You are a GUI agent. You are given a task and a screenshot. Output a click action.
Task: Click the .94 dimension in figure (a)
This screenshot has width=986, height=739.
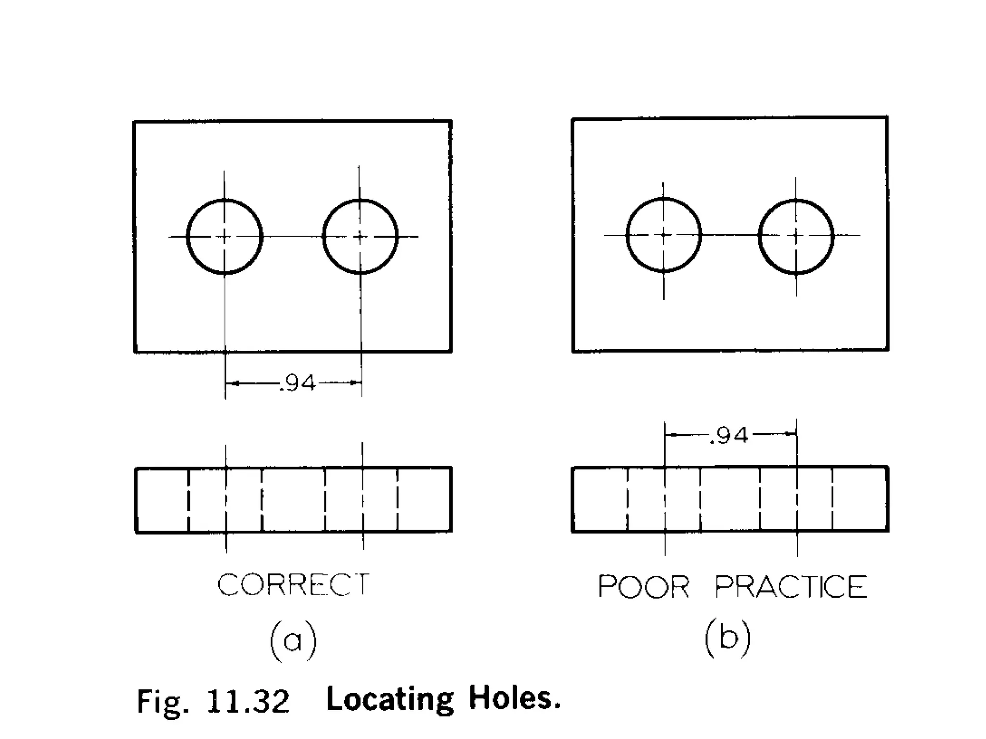click(x=298, y=383)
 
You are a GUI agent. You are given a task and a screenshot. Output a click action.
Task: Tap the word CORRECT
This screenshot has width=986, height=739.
click(x=293, y=585)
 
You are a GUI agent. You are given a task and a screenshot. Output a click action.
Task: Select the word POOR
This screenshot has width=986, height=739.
click(x=643, y=586)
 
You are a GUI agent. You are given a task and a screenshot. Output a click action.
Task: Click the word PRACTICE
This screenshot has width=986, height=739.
click(x=791, y=586)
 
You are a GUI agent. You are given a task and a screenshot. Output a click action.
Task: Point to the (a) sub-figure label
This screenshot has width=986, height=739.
click(x=293, y=640)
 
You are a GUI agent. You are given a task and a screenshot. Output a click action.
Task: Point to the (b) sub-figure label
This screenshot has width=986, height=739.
click(x=727, y=638)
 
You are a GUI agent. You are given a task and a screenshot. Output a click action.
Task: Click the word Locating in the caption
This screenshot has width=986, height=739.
click(x=390, y=699)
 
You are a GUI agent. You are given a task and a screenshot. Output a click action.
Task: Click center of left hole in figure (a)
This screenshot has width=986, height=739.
click(x=224, y=236)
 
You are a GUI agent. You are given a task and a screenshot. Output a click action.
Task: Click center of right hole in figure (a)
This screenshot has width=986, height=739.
click(x=360, y=236)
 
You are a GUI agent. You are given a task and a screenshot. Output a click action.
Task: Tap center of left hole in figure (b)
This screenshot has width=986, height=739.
click(x=664, y=235)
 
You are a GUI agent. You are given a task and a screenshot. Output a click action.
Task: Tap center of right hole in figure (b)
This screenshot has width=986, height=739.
click(x=796, y=235)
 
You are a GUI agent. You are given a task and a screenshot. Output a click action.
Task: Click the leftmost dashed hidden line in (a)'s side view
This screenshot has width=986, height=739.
click(x=188, y=500)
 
